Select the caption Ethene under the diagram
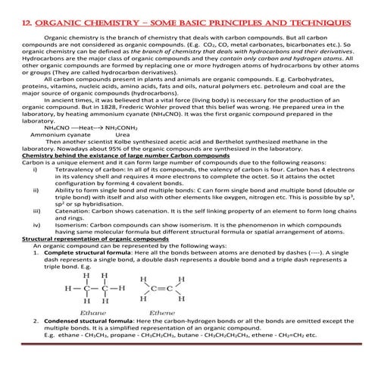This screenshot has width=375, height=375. (161, 311)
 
